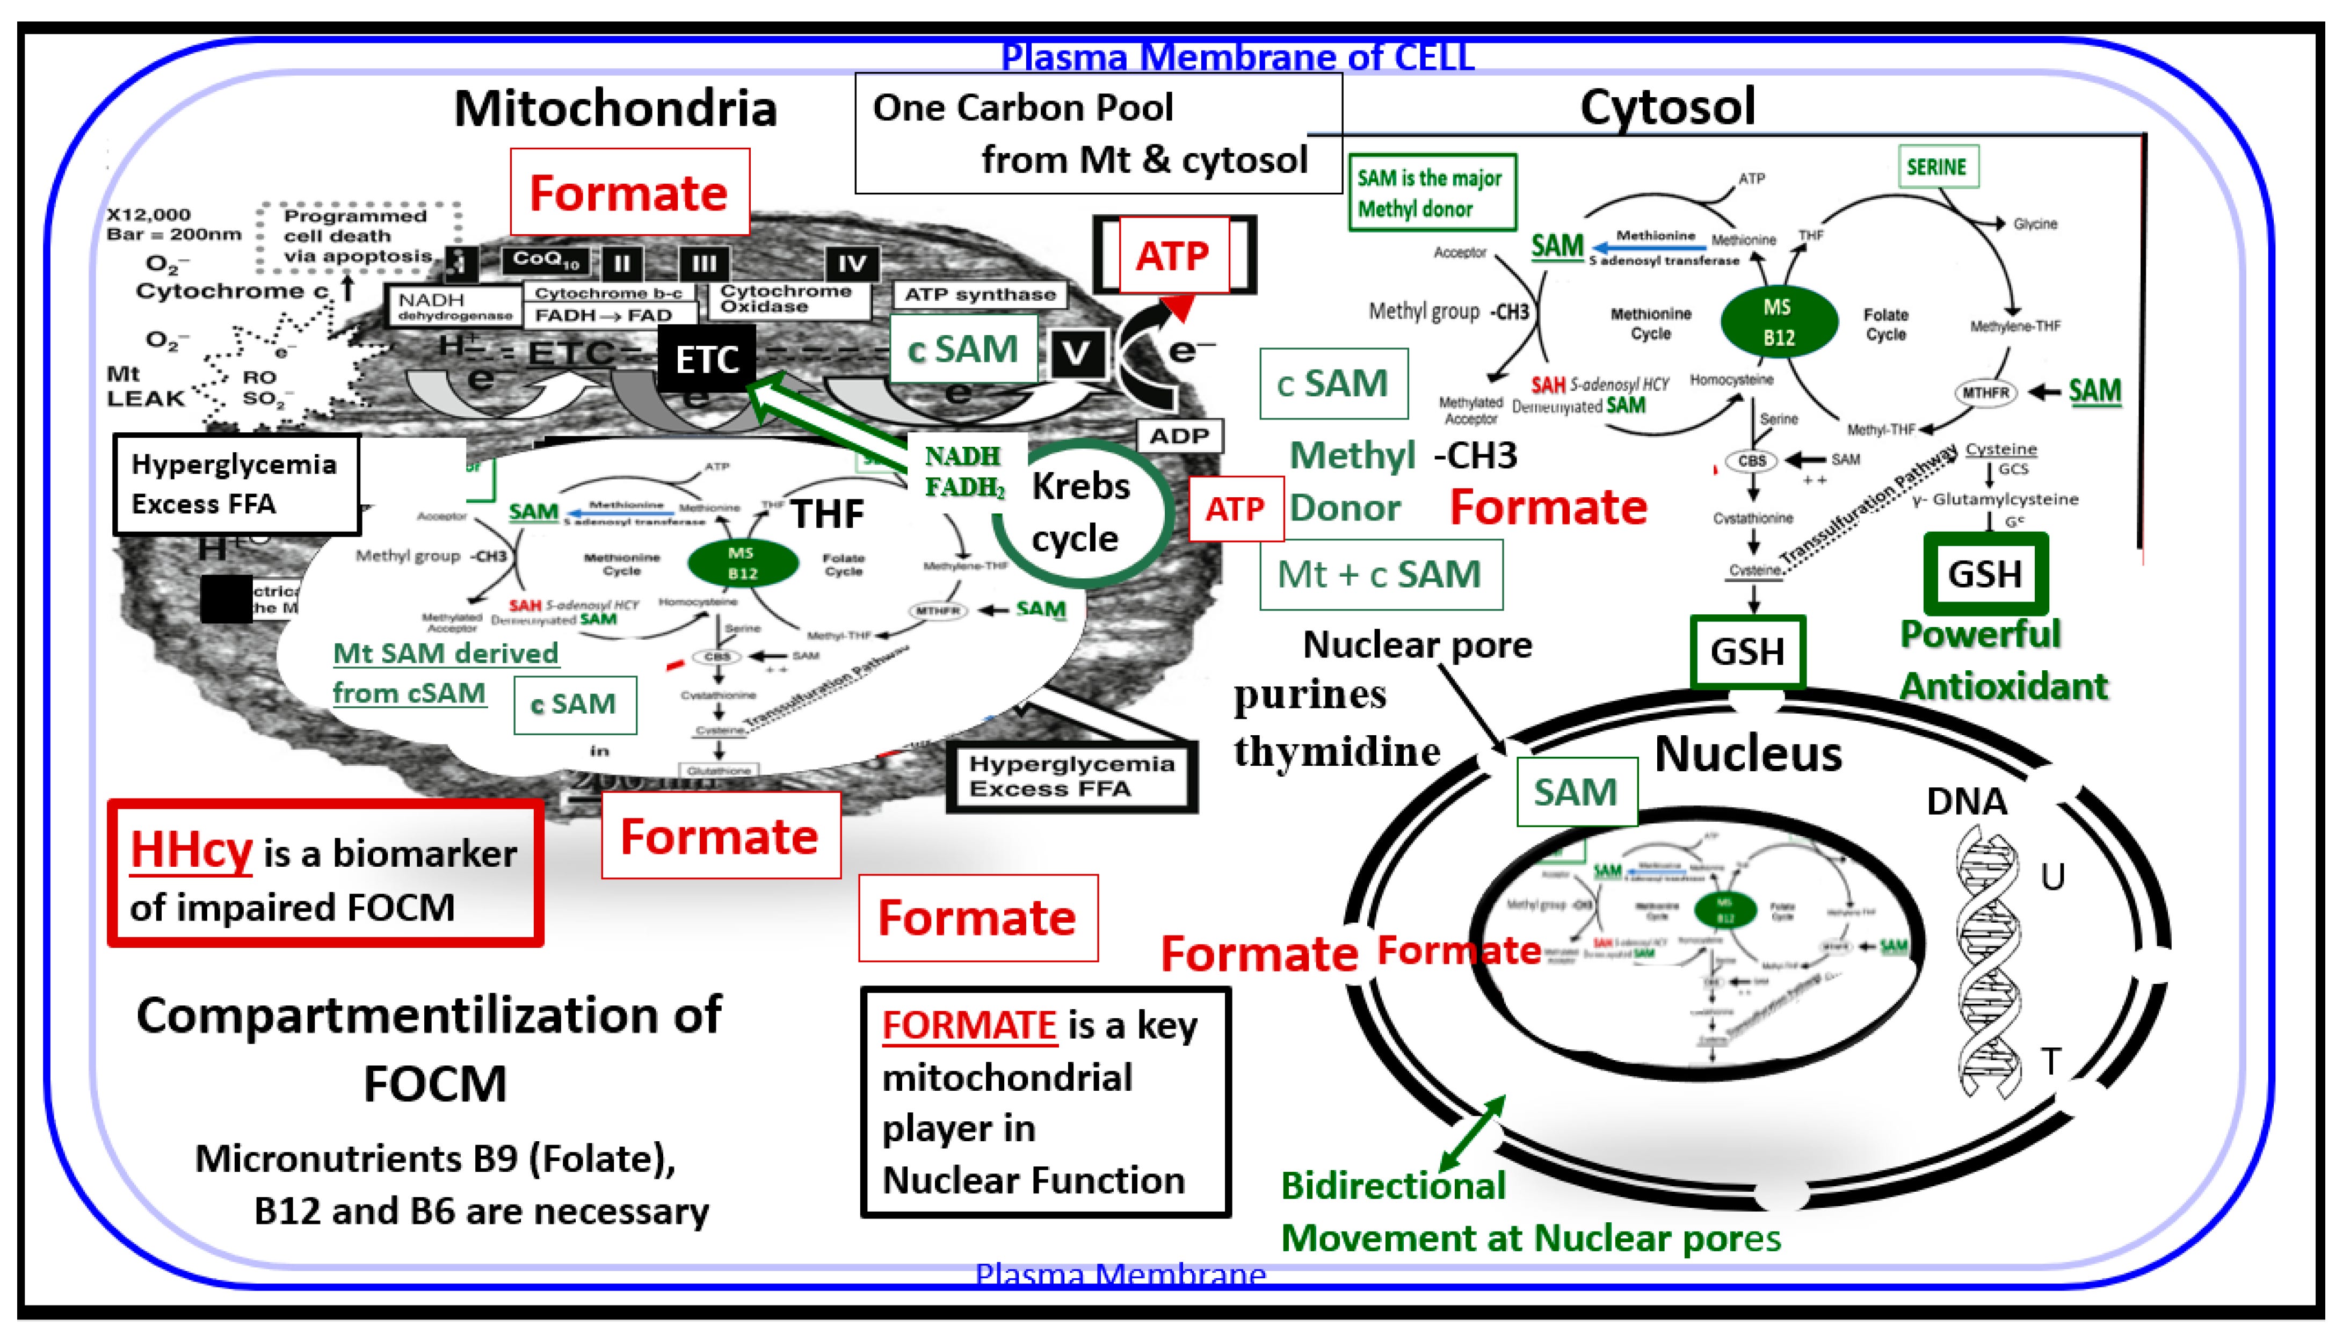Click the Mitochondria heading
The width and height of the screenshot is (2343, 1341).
tap(615, 108)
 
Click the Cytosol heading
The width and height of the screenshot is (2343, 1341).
tap(1667, 107)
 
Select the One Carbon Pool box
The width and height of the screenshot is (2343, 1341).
tap(1097, 134)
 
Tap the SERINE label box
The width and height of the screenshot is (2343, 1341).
tap(1937, 166)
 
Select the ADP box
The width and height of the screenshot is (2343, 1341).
tap(1179, 436)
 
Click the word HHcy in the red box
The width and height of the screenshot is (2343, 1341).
tap(191, 849)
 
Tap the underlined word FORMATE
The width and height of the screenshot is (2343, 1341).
tap(969, 1025)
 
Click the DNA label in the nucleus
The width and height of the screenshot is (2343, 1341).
tap(1967, 801)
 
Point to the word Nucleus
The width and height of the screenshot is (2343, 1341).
tap(1747, 753)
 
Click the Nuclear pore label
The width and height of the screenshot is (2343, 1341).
tap(1417, 644)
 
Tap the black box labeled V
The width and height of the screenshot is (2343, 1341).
tap(1075, 353)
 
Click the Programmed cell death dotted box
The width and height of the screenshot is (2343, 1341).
tap(357, 236)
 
